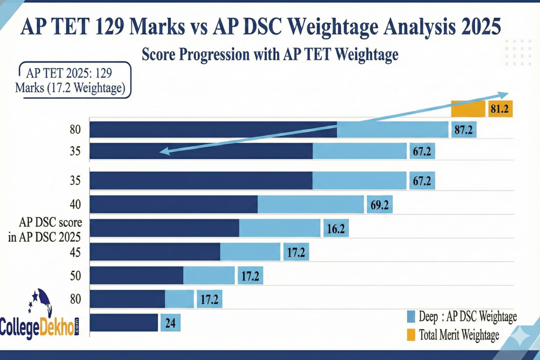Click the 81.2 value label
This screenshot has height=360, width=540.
[x=499, y=109]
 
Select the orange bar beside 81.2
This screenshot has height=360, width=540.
[x=468, y=109]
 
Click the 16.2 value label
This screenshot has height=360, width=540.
[x=336, y=229]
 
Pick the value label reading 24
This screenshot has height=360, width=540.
[x=171, y=323]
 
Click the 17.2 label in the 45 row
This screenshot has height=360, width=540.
[x=296, y=253]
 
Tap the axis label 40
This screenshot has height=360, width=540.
[x=75, y=205]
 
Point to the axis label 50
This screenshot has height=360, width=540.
[x=75, y=275]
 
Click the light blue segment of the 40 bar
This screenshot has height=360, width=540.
[x=310, y=205]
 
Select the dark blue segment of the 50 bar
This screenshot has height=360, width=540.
[x=137, y=275]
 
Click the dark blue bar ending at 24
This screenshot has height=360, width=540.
[x=124, y=323]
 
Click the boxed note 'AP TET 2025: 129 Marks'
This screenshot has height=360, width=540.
[x=75, y=80]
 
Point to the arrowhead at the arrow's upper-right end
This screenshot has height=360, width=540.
[x=503, y=94]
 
